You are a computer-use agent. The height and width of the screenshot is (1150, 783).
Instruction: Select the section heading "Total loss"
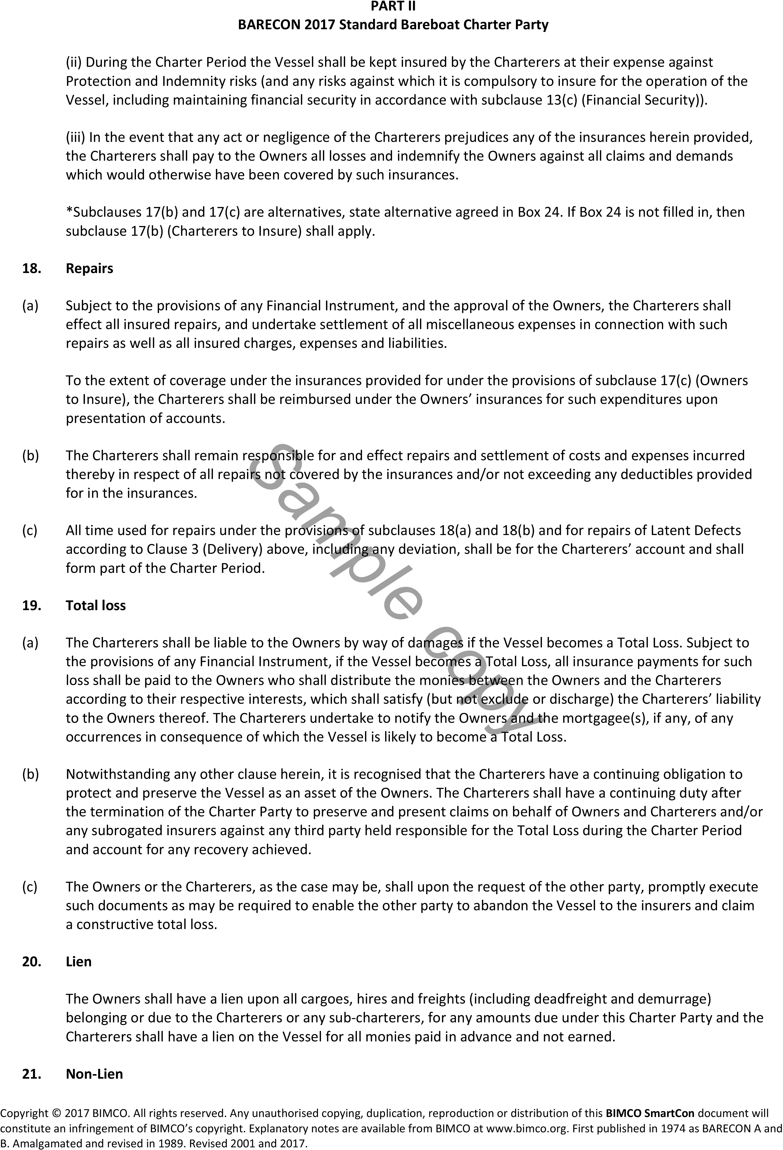click(95, 605)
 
